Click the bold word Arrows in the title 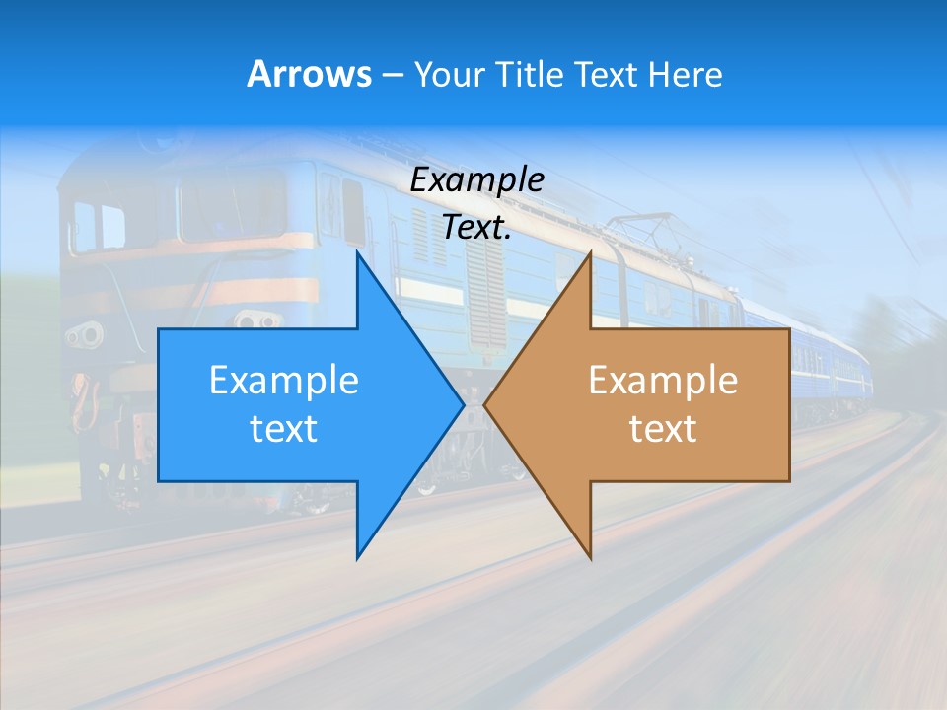tap(309, 74)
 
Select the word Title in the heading tap(533, 74)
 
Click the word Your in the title tap(451, 74)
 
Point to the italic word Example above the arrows tap(476, 179)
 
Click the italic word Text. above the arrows tap(476, 227)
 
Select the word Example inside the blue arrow tap(284, 381)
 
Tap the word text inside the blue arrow tap(284, 428)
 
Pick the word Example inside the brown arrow tap(663, 381)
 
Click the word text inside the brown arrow tap(663, 428)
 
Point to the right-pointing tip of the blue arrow tap(464, 404)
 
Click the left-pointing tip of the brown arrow tap(484, 404)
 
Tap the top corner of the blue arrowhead tap(357, 252)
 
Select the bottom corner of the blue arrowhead tap(357, 558)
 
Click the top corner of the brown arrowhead tap(590, 252)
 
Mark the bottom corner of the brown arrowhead tap(590, 558)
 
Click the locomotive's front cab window tap(99, 225)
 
